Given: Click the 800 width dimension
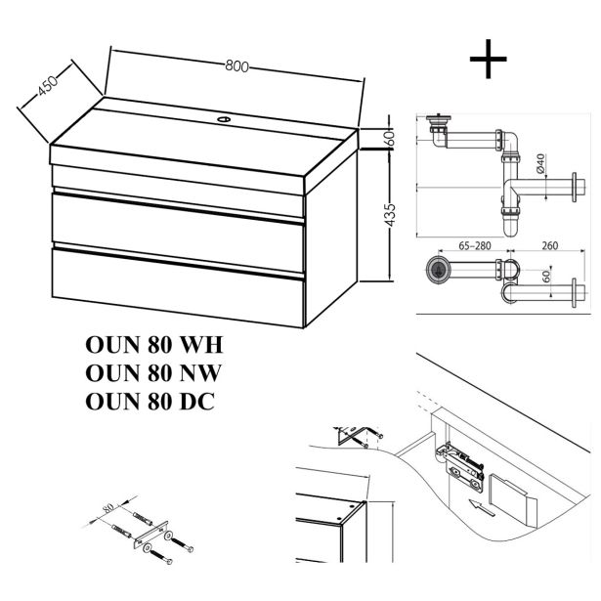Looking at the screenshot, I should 235,66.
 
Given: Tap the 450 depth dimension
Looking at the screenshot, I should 45,89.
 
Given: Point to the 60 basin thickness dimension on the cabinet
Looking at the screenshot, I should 390,139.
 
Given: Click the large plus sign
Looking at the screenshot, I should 489,58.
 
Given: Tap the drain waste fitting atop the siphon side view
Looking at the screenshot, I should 441,127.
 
